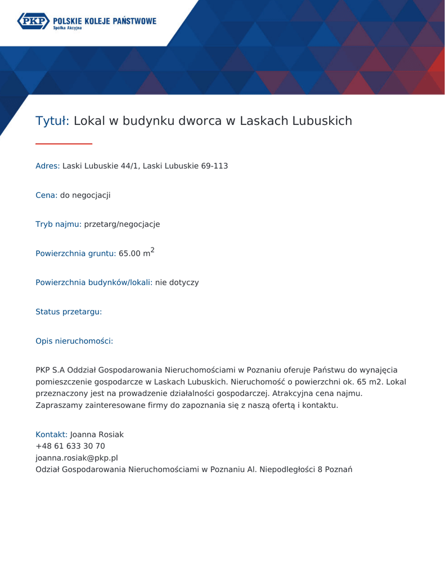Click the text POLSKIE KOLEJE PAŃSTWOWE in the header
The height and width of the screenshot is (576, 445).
[105, 21]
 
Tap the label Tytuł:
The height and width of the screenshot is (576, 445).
[52, 121]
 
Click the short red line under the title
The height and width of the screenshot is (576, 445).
[64, 144]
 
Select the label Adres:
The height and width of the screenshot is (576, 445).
[47, 166]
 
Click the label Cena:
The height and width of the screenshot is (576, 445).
[46, 195]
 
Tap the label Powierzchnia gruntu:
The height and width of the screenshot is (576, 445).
[75, 254]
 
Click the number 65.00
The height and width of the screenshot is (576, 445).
[129, 254]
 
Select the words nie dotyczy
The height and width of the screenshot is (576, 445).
[177, 282]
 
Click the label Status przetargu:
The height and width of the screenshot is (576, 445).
[69, 312]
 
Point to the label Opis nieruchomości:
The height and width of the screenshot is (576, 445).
[74, 341]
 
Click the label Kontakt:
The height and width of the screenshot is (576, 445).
[51, 435]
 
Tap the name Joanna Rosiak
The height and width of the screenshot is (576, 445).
[97, 435]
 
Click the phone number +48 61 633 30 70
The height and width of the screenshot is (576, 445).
[70, 447]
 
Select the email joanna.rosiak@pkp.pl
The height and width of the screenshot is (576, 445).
[77, 458]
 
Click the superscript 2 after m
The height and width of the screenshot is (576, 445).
[152, 250]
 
